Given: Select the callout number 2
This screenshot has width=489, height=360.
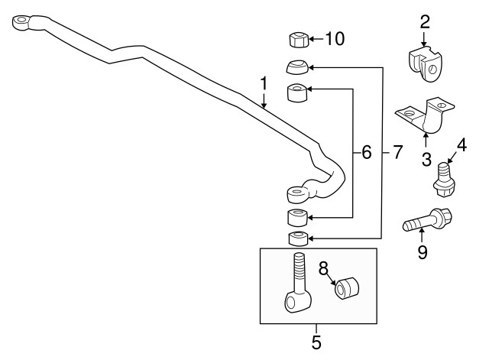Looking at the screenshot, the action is (x=425, y=22).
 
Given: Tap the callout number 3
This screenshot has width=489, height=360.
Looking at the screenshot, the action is (x=426, y=159).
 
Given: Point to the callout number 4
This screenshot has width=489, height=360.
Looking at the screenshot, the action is (x=461, y=145).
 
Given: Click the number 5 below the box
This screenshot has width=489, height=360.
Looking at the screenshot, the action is (x=316, y=342).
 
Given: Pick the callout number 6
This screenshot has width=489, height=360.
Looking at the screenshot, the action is (x=367, y=153).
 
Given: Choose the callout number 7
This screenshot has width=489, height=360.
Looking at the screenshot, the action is (x=397, y=153).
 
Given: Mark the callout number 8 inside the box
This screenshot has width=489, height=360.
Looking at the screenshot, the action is (x=324, y=268).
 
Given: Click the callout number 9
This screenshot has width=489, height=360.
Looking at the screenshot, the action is (x=423, y=252).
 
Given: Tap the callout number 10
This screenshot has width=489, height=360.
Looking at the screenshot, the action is (x=335, y=39).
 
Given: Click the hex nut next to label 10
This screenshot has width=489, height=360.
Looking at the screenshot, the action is (x=298, y=40).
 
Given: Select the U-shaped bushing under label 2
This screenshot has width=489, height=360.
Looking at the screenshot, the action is (x=425, y=64).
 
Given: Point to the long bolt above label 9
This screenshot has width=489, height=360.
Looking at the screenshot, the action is (x=427, y=220).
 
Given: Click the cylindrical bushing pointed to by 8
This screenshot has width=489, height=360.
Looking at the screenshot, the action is (x=346, y=288).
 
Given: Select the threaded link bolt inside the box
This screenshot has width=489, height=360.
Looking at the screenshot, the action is (x=298, y=283).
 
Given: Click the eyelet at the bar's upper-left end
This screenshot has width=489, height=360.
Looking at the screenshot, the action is (x=21, y=22).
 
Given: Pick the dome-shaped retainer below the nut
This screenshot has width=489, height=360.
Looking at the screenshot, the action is (x=297, y=66).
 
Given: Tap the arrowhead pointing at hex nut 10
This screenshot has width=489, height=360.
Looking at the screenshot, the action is (x=313, y=39).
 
